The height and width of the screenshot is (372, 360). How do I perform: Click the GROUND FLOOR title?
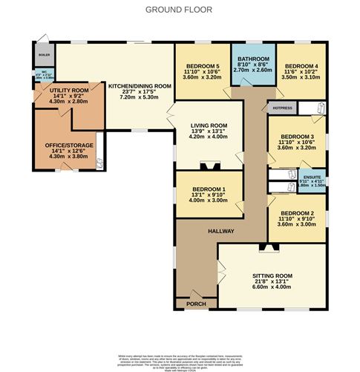[179, 10]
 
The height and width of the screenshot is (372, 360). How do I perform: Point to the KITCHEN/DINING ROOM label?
[140, 85]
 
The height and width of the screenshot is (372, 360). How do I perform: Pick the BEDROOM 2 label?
[297, 214]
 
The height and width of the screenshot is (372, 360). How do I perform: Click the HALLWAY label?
[220, 231]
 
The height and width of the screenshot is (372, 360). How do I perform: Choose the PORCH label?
[196, 303]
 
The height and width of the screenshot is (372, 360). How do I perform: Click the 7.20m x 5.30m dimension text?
[140, 97]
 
